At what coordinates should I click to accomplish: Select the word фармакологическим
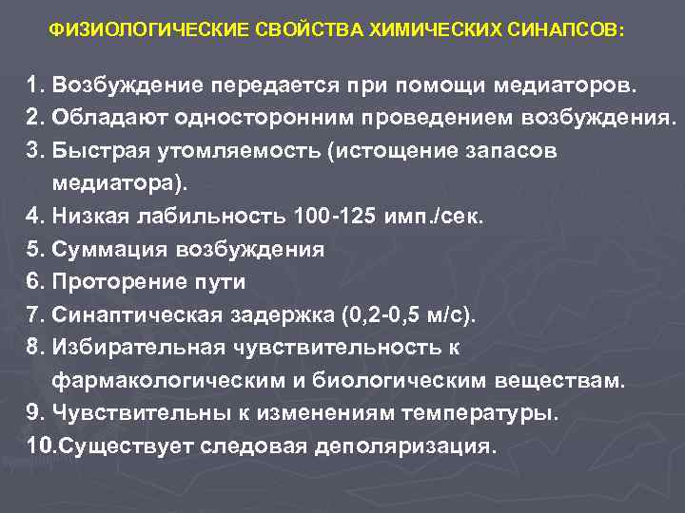(x=175, y=381)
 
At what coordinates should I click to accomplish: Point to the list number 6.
(x=35, y=282)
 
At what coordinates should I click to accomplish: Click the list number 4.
(x=35, y=217)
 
